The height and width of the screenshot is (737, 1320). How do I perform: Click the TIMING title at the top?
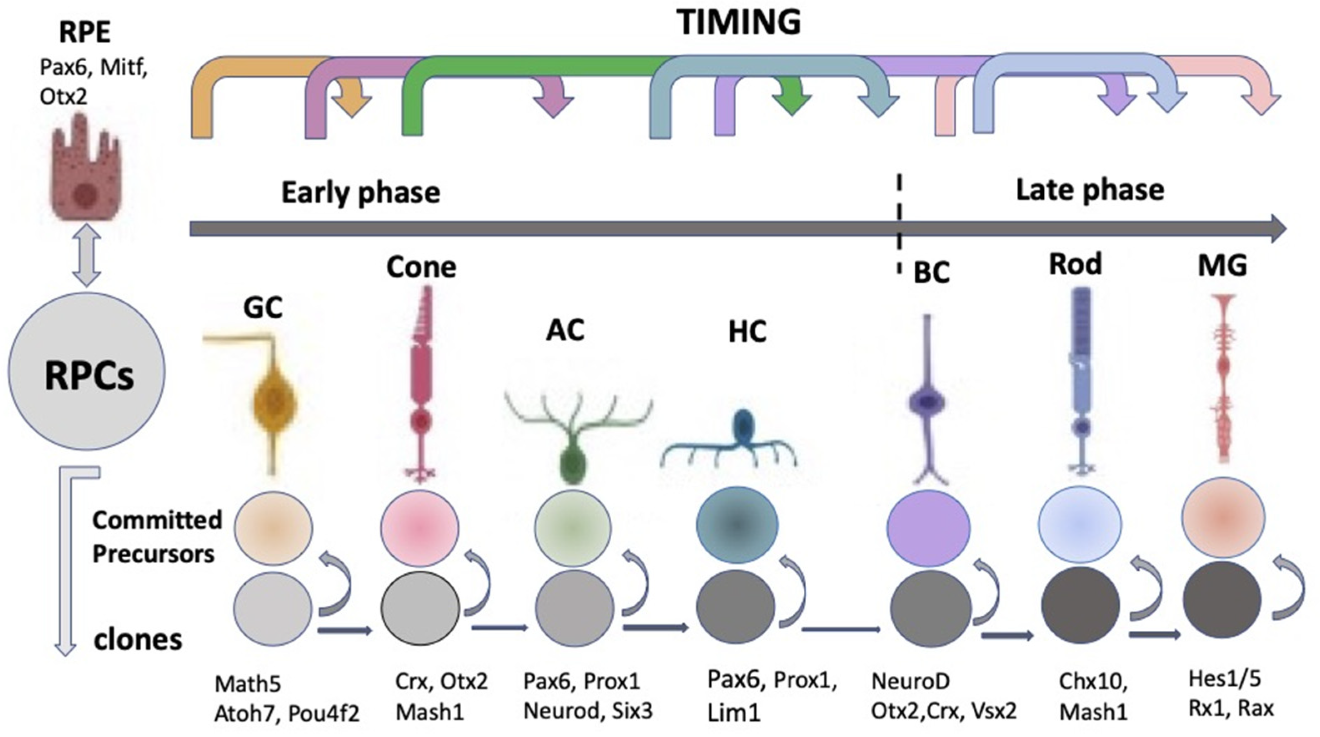pyautogui.click(x=738, y=23)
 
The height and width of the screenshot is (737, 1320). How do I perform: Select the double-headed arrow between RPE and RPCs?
pyautogui.click(x=86, y=254)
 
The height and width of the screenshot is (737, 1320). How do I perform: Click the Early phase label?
pyautogui.click(x=360, y=193)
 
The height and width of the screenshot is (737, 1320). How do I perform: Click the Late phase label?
pyautogui.click(x=1090, y=190)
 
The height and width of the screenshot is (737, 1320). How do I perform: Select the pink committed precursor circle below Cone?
pyautogui.click(x=419, y=527)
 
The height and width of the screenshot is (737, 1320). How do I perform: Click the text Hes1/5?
pyautogui.click(x=1224, y=679)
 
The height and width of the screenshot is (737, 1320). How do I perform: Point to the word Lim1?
pyautogui.click(x=733, y=713)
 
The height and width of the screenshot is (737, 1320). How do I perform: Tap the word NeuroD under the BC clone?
pyautogui.click(x=910, y=681)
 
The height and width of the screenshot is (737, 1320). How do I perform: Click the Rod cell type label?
pyautogui.click(x=1075, y=264)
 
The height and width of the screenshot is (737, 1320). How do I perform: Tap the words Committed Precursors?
pyautogui.click(x=156, y=537)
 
